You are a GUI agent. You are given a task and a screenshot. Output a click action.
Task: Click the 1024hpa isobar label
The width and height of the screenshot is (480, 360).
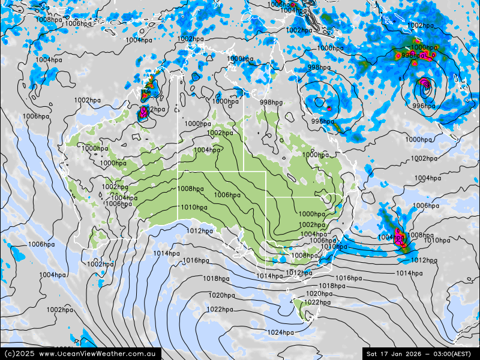(x=280, y=332)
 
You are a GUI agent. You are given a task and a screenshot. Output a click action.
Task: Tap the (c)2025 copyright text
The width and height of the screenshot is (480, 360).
(x=19, y=354)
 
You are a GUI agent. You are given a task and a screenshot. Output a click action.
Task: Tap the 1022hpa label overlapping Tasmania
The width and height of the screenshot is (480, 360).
(x=316, y=302)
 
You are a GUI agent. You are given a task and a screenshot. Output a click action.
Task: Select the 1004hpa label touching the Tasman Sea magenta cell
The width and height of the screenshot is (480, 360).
(x=391, y=238)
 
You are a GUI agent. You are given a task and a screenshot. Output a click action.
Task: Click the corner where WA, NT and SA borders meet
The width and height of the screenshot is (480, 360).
(x=178, y=172)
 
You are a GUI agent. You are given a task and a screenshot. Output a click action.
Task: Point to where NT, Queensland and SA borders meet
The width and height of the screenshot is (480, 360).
(x=244, y=172)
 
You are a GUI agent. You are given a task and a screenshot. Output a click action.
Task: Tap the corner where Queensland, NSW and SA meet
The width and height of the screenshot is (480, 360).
(x=266, y=197)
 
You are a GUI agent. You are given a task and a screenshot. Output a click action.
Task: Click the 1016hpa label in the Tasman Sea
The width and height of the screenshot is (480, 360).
(x=349, y=278)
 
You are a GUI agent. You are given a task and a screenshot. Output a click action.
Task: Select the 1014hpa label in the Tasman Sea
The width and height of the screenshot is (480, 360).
(x=409, y=273)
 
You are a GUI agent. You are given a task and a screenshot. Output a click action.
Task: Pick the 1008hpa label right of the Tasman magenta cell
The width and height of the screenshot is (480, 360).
(x=420, y=235)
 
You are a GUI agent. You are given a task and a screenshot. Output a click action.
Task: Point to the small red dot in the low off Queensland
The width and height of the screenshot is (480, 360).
(x=329, y=109)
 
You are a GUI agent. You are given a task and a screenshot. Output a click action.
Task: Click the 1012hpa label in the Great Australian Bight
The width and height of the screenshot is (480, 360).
(x=199, y=230)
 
